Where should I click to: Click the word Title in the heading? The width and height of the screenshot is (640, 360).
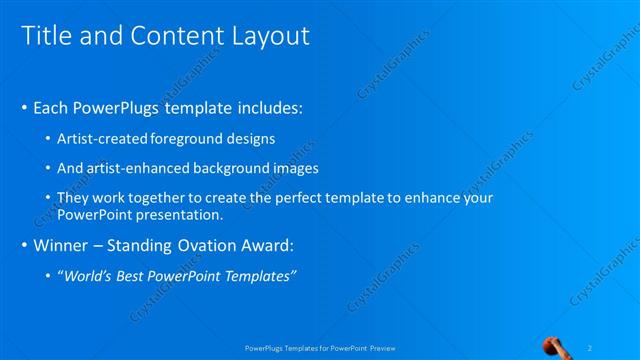click(44, 36)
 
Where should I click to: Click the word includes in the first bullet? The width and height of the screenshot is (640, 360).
click(263, 107)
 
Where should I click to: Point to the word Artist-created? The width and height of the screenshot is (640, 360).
click(103, 138)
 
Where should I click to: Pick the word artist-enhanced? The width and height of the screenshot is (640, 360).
click(139, 168)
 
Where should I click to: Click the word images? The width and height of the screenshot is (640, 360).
click(292, 168)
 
